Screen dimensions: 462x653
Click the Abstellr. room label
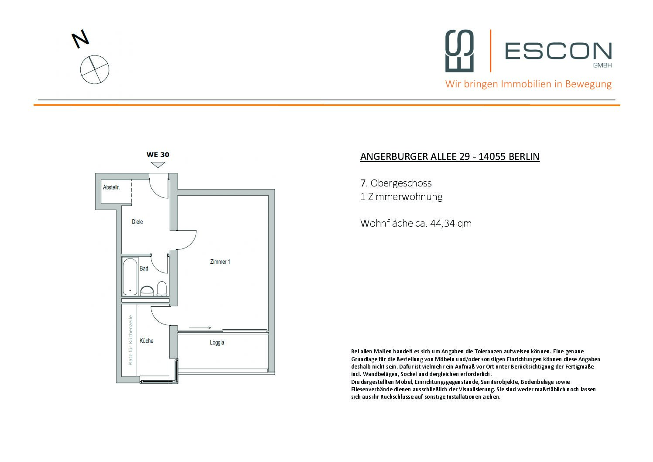click(x=111, y=187)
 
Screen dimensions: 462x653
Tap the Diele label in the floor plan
click(x=137, y=222)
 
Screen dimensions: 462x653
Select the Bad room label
click(x=144, y=269)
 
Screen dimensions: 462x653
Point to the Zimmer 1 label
click(x=220, y=262)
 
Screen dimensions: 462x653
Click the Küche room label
click(x=147, y=341)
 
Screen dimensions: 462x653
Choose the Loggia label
click(x=217, y=342)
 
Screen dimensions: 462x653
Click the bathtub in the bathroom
click(x=130, y=277)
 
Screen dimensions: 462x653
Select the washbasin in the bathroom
click(x=147, y=290)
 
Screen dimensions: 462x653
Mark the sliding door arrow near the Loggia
click(x=200, y=328)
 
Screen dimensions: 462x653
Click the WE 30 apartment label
click(x=158, y=155)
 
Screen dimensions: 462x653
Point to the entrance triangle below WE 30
click(x=158, y=165)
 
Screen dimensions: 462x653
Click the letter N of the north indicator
click(x=81, y=39)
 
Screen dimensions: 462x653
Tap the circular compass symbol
click(x=95, y=69)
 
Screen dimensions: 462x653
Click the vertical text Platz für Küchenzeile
click(x=130, y=340)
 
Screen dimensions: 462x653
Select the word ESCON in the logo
click(x=558, y=51)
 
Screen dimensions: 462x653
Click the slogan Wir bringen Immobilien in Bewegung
click(x=528, y=84)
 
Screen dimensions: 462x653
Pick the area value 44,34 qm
click(x=451, y=223)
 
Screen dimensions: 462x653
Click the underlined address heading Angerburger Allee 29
click(x=450, y=156)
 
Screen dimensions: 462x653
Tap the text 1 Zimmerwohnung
click(x=401, y=197)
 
